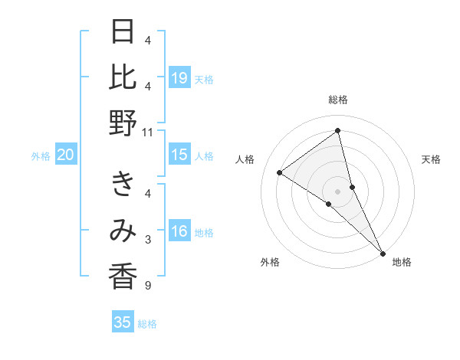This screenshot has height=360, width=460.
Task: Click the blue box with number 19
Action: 179,77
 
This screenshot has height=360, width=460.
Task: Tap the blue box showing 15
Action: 179,155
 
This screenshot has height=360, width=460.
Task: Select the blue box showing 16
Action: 179,232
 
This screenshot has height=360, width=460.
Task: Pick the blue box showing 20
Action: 65,155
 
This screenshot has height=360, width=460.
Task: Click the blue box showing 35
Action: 123,322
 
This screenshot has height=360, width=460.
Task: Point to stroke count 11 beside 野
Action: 148,132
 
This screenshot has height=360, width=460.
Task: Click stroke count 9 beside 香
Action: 148,286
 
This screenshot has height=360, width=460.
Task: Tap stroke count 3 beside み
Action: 148,240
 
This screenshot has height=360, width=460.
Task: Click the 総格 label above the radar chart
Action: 338,100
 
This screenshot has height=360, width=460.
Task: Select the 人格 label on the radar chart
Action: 245,159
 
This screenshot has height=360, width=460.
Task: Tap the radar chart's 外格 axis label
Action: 270,262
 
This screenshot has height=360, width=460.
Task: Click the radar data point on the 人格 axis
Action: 280,172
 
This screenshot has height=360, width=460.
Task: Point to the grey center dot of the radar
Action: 338,191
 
